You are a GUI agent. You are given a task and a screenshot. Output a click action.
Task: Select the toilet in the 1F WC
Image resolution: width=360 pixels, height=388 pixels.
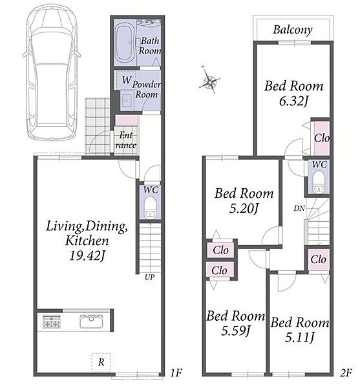(149, 208)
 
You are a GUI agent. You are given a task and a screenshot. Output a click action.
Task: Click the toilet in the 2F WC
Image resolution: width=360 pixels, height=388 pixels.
(319, 182)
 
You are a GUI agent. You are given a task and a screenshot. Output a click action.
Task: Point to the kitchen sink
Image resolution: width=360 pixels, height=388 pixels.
(92, 321)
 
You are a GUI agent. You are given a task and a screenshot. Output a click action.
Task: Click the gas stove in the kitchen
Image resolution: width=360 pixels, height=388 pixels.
(51, 321)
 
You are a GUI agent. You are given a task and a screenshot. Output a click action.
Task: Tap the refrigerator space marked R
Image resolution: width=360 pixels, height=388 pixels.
(101, 362)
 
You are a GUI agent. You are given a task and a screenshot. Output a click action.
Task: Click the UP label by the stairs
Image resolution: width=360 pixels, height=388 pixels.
(149, 277)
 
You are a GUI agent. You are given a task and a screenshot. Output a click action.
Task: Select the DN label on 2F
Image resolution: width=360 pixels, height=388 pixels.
(299, 208)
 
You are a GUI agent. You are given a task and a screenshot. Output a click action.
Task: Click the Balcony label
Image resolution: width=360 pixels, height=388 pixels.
(293, 30)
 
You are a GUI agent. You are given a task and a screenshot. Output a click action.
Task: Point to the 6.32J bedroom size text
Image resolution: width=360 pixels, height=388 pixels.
(293, 101)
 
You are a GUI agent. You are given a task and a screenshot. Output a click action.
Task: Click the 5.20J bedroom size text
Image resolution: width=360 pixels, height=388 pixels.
(244, 209)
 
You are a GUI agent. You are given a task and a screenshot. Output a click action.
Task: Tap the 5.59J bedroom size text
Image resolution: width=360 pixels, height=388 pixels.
(236, 331)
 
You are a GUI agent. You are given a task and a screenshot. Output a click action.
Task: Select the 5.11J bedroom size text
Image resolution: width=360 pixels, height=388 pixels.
(300, 337)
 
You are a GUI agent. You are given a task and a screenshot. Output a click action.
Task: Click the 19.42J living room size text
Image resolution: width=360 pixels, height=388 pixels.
(87, 255)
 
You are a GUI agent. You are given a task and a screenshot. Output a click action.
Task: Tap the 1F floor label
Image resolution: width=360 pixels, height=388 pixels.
(176, 372)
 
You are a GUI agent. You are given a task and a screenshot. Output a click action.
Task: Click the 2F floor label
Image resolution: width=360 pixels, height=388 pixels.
(346, 372)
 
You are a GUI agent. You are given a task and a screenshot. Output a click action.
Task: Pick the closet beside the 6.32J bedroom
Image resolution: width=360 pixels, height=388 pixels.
(322, 138)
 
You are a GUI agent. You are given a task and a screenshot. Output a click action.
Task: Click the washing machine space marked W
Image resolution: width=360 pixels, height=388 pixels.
(127, 80)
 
